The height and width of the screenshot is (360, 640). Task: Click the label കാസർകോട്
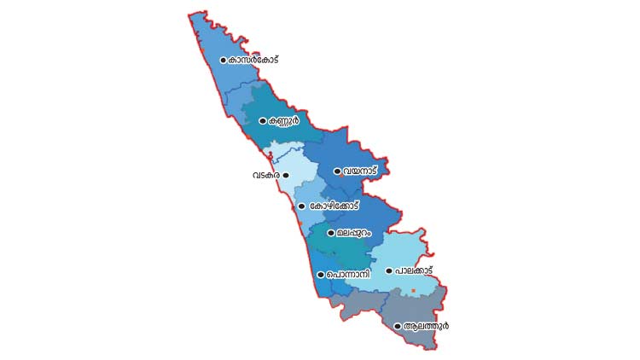click(x=253, y=60)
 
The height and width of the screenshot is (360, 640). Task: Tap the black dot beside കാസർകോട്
click(x=223, y=60)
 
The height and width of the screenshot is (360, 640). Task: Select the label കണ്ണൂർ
click(x=284, y=121)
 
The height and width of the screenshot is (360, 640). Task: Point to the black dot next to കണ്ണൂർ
click(x=263, y=121)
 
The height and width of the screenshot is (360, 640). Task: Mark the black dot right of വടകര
click(x=286, y=175)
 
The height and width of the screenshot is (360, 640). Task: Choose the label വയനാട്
click(x=360, y=171)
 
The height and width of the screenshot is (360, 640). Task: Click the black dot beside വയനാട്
click(x=338, y=171)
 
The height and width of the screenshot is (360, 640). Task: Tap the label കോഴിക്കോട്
click(x=334, y=206)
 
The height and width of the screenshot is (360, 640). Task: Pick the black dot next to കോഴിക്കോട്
click(x=301, y=206)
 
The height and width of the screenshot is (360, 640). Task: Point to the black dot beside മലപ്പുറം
click(x=331, y=232)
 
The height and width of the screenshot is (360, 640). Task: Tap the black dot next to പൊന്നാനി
click(x=320, y=275)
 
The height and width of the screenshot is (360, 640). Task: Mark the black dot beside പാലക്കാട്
click(x=389, y=271)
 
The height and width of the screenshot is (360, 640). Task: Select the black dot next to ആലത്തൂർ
click(x=398, y=326)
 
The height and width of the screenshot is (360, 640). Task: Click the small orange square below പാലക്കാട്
click(x=413, y=292)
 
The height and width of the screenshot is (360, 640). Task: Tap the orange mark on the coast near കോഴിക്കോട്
click(x=299, y=224)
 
